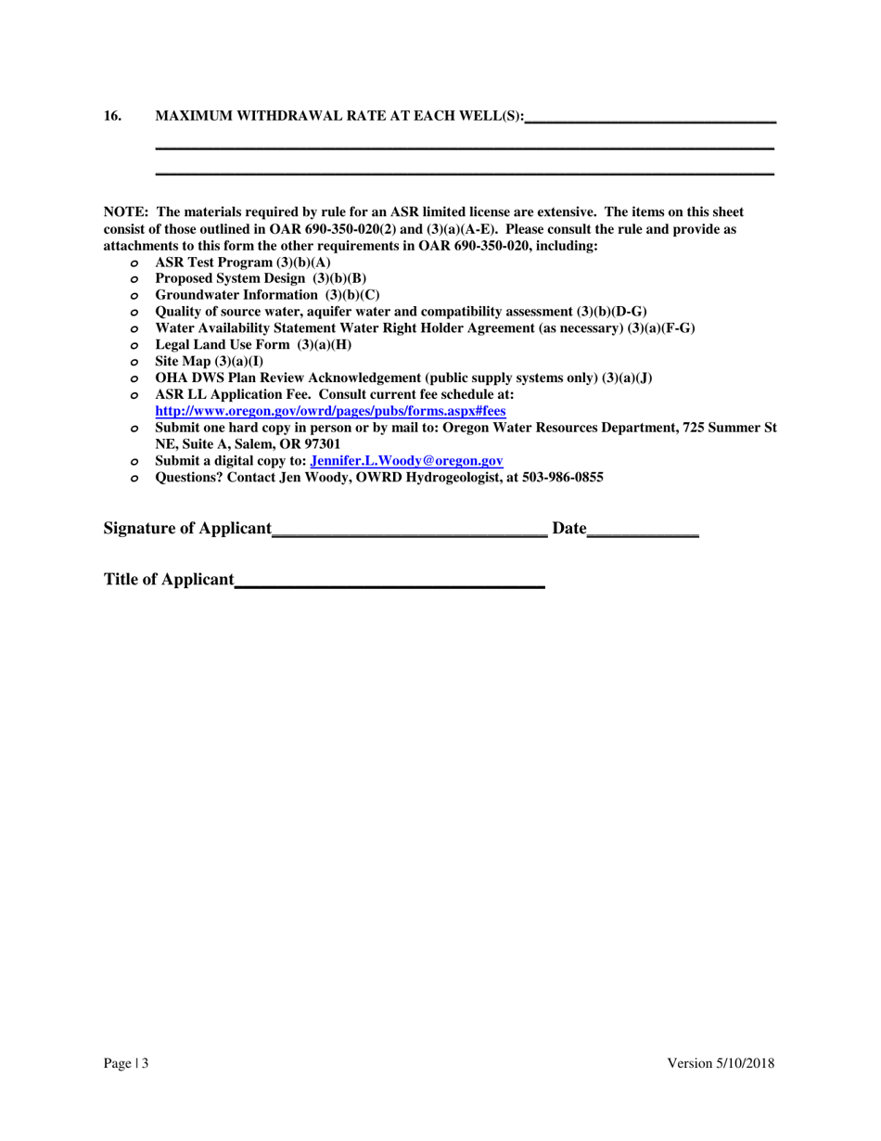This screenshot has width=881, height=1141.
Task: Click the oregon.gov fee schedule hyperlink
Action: pyautogui.click(x=330, y=410)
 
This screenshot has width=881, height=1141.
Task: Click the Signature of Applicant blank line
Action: pyautogui.click(x=410, y=531)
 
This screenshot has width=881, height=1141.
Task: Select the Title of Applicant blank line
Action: pyautogui.click(x=389, y=582)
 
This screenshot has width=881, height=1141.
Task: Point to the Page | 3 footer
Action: pyautogui.click(x=125, y=1065)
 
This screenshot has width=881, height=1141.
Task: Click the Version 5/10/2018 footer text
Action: pyautogui.click(x=721, y=1065)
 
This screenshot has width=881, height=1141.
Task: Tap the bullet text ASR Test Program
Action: pyautogui.click(x=215, y=263)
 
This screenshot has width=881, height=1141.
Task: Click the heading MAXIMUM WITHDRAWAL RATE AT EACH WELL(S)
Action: pyautogui.click(x=338, y=116)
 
